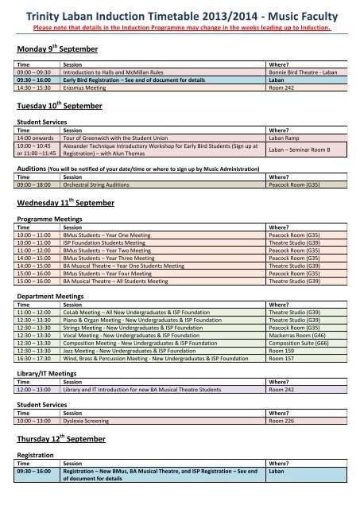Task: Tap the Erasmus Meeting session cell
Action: [91, 88]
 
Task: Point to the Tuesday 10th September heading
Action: [60, 107]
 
